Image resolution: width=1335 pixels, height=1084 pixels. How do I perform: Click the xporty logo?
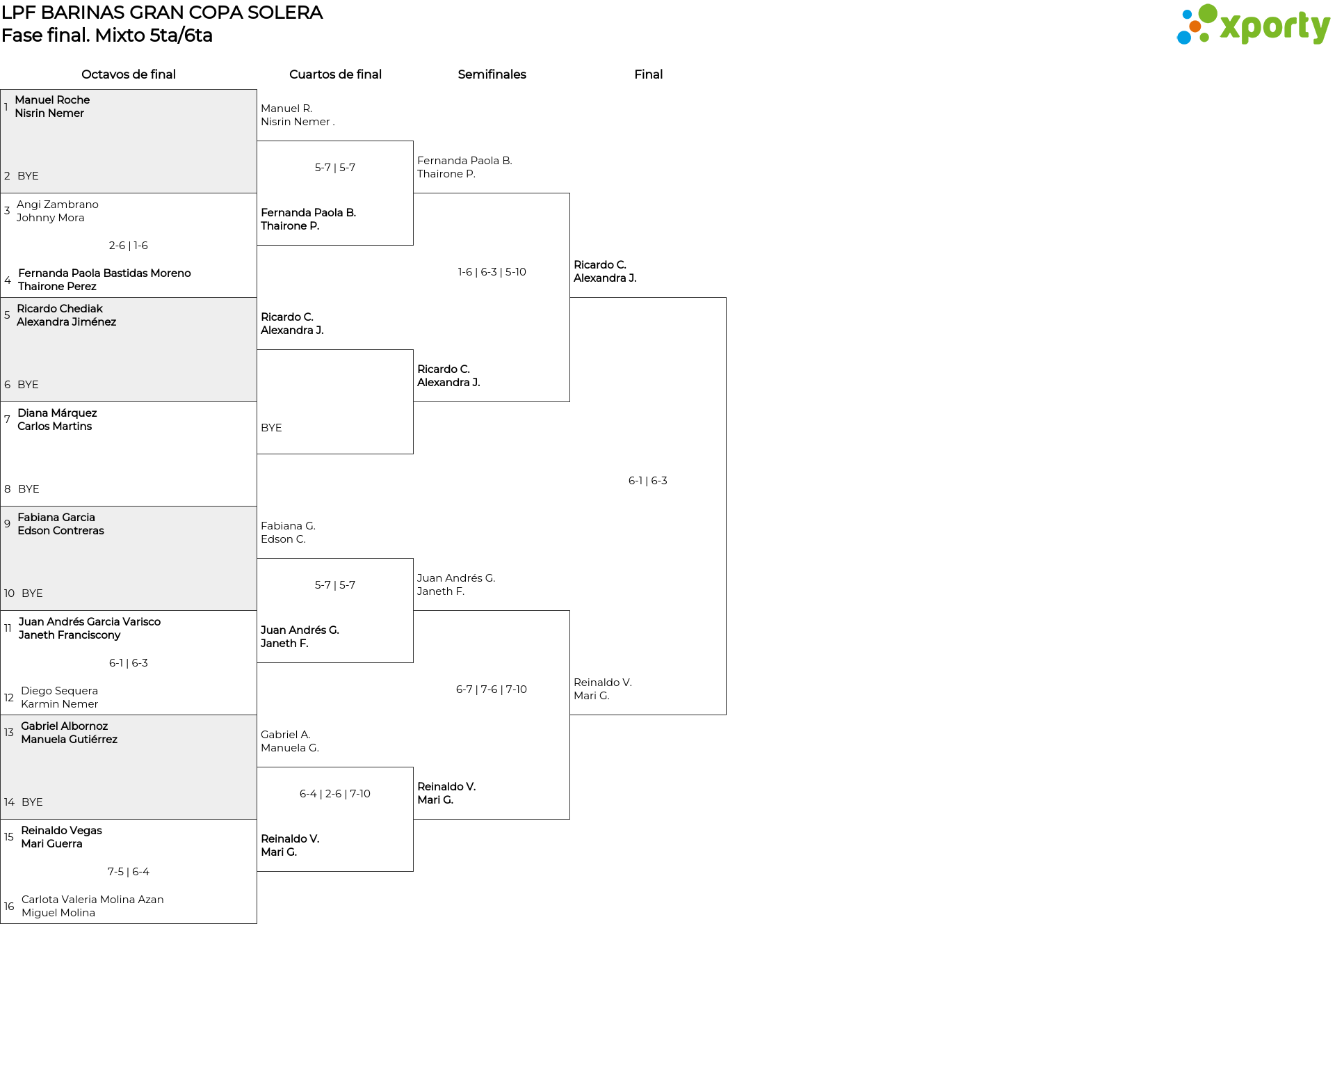coord(1253,24)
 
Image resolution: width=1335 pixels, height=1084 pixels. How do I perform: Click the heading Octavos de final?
coord(129,74)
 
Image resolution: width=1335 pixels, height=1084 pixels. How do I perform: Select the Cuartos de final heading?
coord(335,74)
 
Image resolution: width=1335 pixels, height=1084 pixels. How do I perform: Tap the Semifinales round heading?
coord(492,74)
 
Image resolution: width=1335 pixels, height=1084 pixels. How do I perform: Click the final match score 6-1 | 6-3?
coord(648,481)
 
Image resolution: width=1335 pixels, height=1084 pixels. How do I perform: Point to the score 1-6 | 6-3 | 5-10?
coord(492,272)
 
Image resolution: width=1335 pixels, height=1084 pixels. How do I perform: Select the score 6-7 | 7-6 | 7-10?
coord(492,690)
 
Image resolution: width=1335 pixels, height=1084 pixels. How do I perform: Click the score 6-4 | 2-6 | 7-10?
coord(335,794)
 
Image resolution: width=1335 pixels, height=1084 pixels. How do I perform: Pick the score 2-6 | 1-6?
coord(129,246)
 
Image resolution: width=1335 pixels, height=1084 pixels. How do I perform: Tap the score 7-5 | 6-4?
coord(129,872)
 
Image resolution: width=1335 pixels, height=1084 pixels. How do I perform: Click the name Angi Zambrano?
coord(58,205)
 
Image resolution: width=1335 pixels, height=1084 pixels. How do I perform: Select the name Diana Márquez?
coord(57,413)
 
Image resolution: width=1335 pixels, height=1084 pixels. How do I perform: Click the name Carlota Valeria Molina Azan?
coord(92,900)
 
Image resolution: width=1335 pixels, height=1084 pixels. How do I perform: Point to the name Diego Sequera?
coord(59,691)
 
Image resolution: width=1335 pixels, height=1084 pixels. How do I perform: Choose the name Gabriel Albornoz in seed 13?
coord(64,726)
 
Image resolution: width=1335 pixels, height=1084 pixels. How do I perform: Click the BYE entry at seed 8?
coord(29,489)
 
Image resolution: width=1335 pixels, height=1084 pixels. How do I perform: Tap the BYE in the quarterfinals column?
coord(271,428)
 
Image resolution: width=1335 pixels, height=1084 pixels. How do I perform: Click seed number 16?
coord(9,907)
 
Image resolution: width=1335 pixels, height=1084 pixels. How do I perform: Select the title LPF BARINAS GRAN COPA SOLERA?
coord(162,13)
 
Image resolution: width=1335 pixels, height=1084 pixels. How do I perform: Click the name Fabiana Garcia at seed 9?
coord(56,518)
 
